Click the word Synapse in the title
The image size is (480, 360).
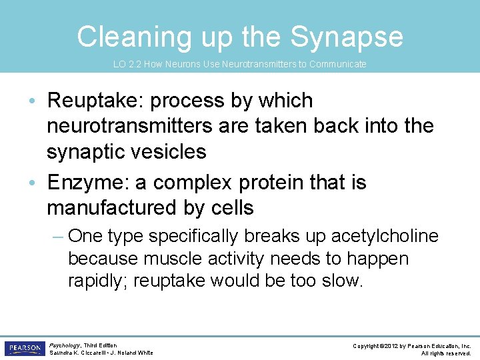tap(347, 37)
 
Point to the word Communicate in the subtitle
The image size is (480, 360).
tap(336, 64)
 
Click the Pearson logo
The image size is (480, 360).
tap(24, 349)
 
